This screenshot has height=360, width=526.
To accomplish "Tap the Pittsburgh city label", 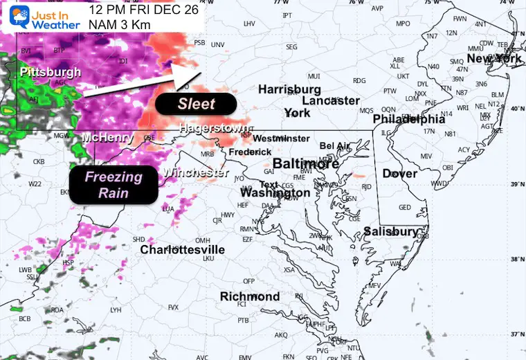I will pyautogui.click(x=50, y=72).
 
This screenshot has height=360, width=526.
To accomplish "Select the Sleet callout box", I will pyautogui.click(x=197, y=104).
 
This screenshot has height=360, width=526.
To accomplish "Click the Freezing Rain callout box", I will pyautogui.click(x=114, y=185).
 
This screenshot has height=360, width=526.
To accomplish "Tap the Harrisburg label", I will pyautogui.click(x=289, y=89).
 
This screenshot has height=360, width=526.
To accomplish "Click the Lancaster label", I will pyautogui.click(x=331, y=100).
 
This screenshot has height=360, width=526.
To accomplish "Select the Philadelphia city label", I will pyautogui.click(x=406, y=118).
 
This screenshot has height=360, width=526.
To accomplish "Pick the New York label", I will pyautogui.click(x=494, y=59).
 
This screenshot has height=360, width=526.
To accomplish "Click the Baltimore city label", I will pyautogui.click(x=305, y=163).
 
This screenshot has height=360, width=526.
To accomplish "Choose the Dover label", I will pyautogui.click(x=400, y=173).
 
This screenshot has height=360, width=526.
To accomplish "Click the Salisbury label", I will pyautogui.click(x=391, y=231).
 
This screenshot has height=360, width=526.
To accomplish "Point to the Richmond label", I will pyautogui.click(x=250, y=296).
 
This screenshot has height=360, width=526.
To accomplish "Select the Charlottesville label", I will pyautogui.click(x=182, y=249).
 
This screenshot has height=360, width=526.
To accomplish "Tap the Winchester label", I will pyautogui.click(x=195, y=172).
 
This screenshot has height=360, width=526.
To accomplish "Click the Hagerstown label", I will pyautogui.click(x=213, y=127).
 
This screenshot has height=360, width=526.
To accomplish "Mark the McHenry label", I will pyautogui.click(x=107, y=138).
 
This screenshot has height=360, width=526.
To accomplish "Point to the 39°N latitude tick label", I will pyautogui.click(x=514, y=183).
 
